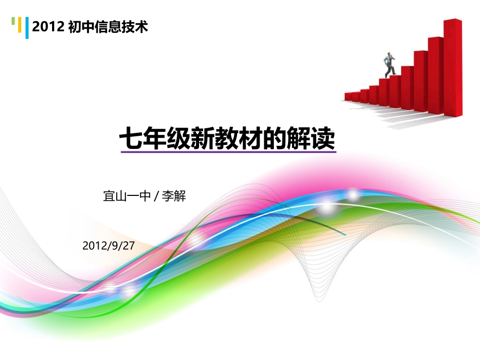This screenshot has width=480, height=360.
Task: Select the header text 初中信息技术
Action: tap(108, 27)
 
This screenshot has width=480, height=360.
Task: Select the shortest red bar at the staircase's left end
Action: tap(348, 96)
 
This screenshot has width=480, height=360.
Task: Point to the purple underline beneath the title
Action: tap(227, 152)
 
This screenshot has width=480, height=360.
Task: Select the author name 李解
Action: tap(174, 196)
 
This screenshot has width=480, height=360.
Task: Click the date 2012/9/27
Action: tap(108, 246)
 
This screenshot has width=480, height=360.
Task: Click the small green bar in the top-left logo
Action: tap(13, 21)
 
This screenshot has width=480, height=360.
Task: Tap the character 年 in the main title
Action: tap(154, 140)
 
